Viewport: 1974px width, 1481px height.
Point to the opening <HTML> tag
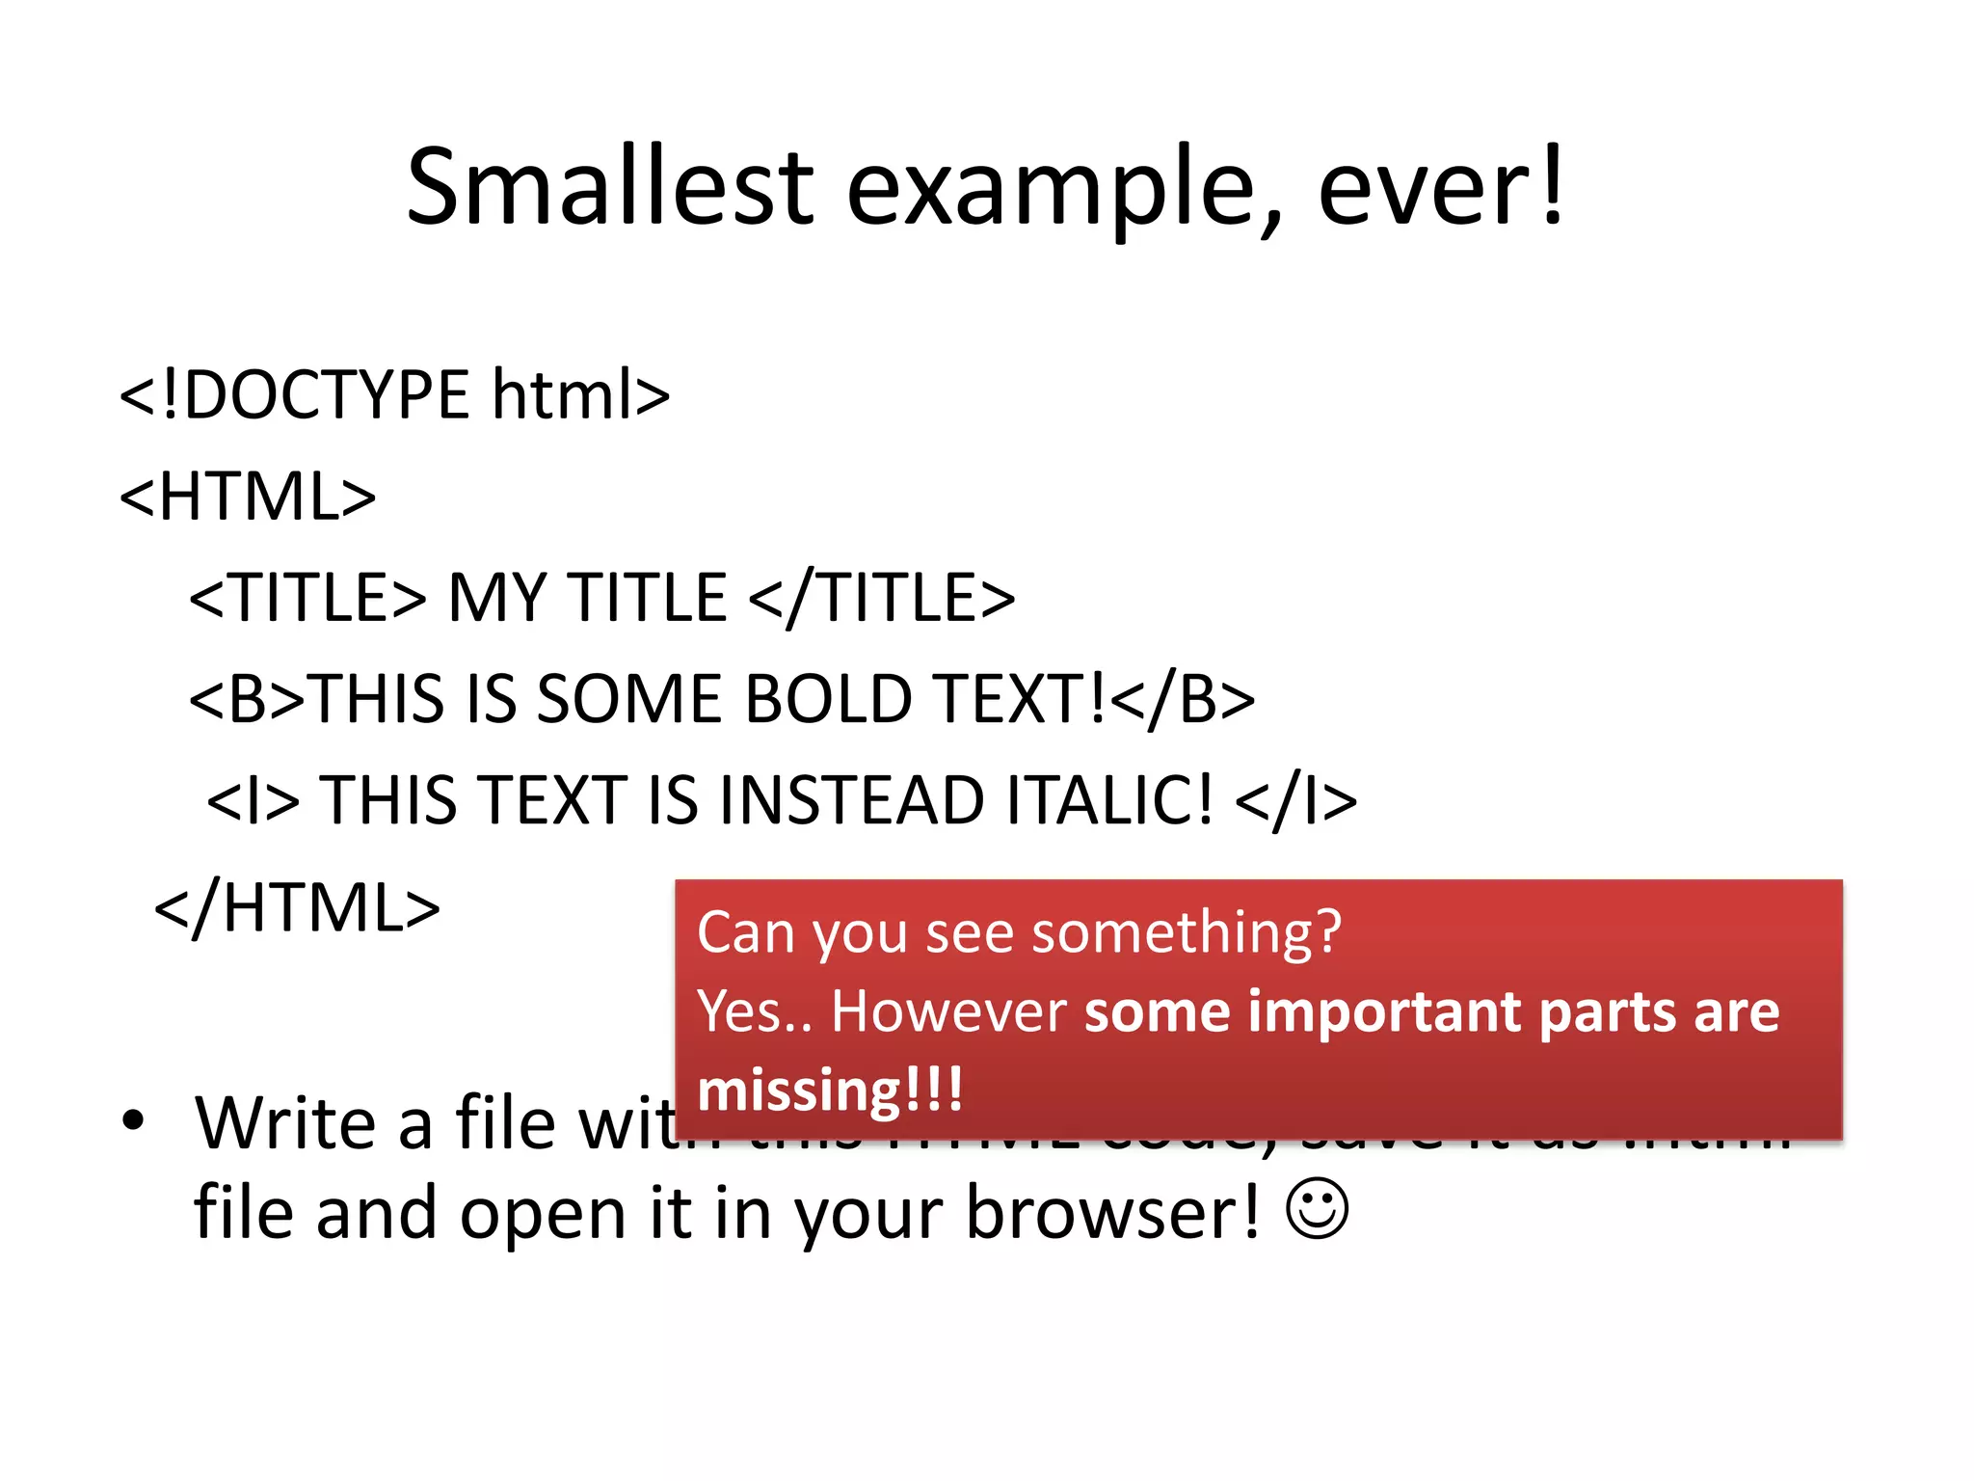[248, 497]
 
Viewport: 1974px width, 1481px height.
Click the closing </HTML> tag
[297, 907]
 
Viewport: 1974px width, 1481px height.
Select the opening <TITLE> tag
[307, 597]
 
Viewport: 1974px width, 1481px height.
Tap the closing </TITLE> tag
[881, 597]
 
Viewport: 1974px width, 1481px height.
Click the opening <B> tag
[247, 698]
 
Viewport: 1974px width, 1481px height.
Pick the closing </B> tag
[1183, 698]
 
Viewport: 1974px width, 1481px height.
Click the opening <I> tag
[253, 800]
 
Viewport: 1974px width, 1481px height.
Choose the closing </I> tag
[1295, 800]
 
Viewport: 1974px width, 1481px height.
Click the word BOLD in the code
[829, 698]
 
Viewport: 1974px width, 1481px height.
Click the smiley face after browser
[1317, 1209]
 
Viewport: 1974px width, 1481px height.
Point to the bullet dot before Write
[133, 1120]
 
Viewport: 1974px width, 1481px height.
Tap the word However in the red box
[948, 1011]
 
